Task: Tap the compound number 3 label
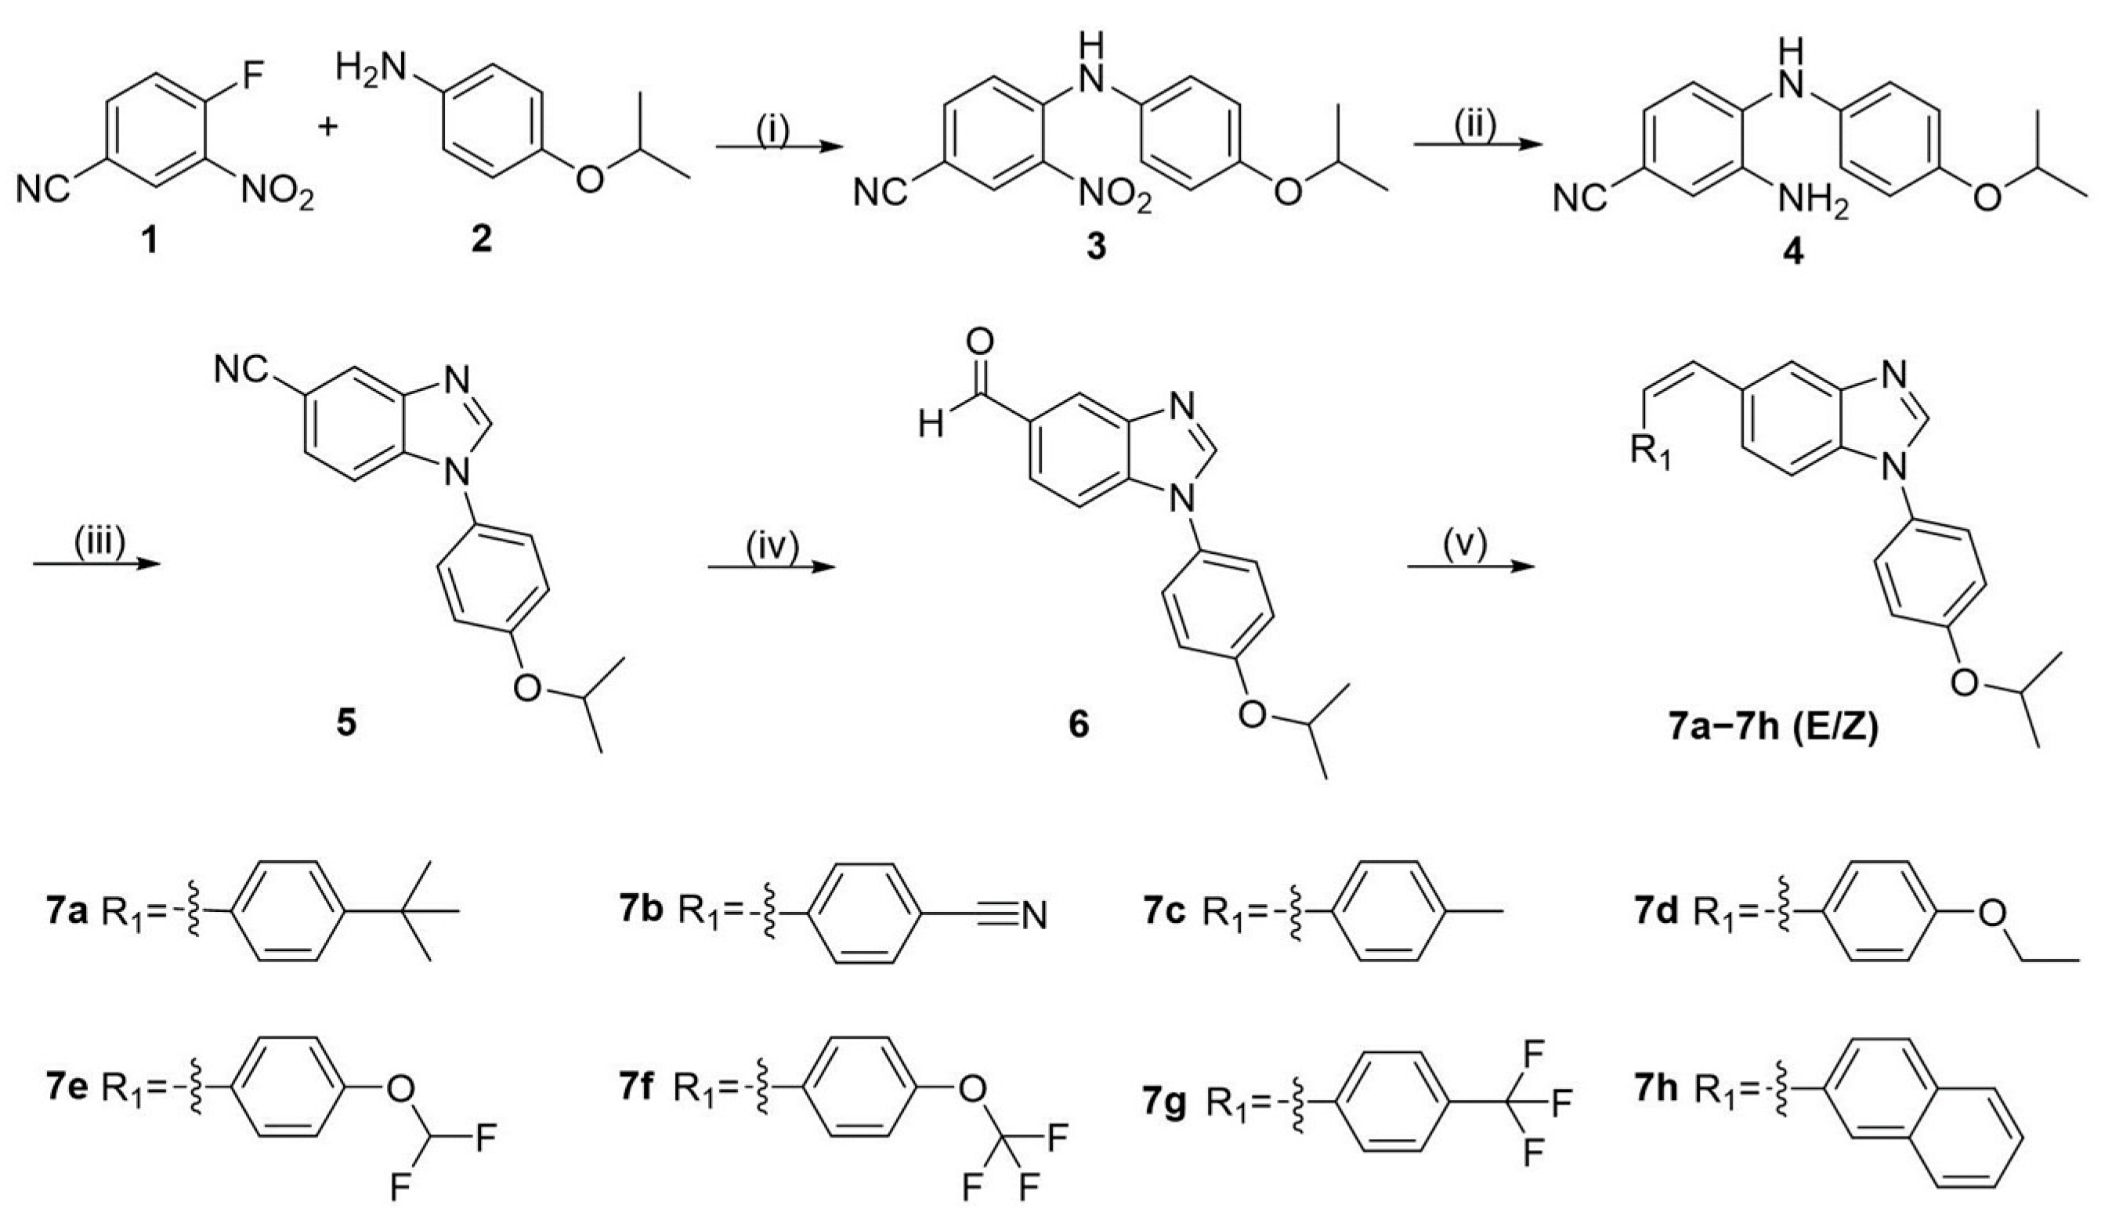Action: click(1095, 247)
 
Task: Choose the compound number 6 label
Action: click(1079, 725)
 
